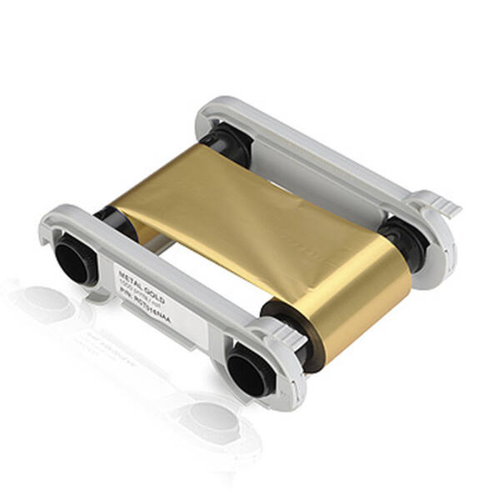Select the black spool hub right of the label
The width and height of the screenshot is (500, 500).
tap(249, 367)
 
